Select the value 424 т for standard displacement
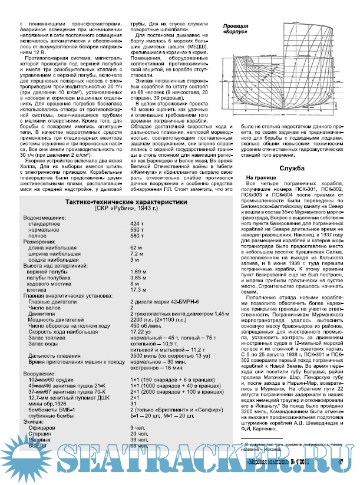(x=137, y=224)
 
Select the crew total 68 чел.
(x=139, y=446)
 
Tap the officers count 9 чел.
(x=137, y=427)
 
